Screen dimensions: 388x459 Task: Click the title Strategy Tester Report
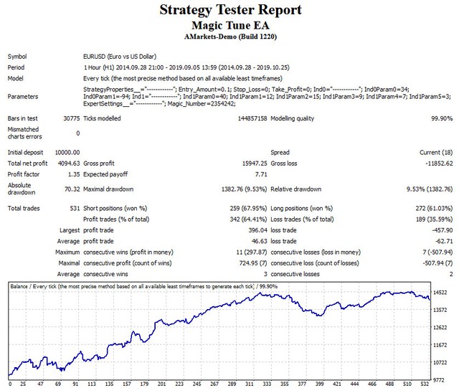point(229,11)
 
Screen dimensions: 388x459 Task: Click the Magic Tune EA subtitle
point(229,25)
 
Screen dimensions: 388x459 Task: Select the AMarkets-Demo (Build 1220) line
point(229,36)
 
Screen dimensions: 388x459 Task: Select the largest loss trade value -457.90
point(439,231)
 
